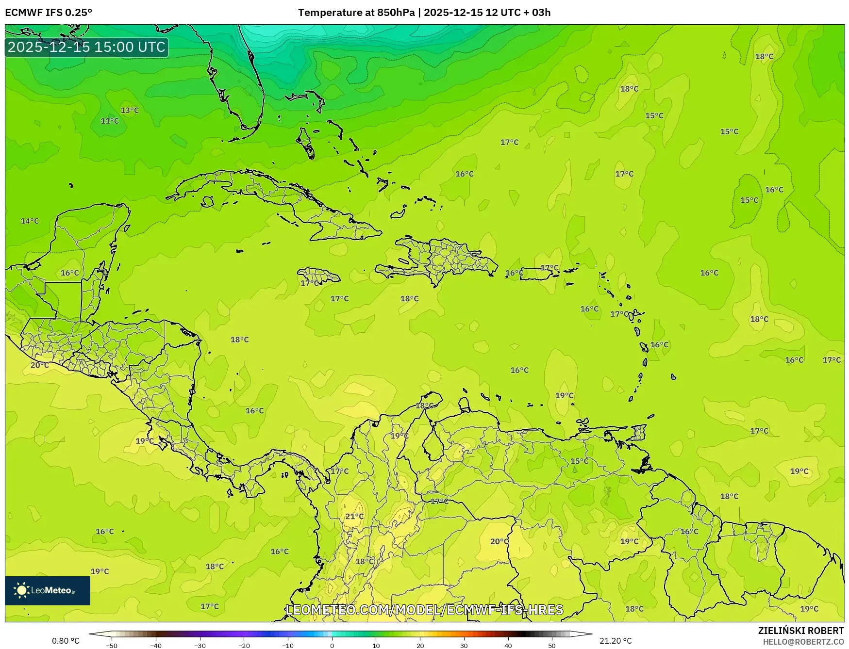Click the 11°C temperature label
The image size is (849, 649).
pyautogui.click(x=110, y=121)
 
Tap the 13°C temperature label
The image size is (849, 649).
pyautogui.click(x=130, y=110)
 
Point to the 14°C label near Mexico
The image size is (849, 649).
pyautogui.click(x=30, y=221)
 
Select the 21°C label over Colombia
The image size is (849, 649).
pyautogui.click(x=354, y=517)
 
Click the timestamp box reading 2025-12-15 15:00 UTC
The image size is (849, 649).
pyautogui.click(x=87, y=47)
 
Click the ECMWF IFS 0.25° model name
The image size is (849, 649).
pyautogui.click(x=49, y=12)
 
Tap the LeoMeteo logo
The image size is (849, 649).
pyautogui.click(x=48, y=590)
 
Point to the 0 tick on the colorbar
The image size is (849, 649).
pyautogui.click(x=332, y=645)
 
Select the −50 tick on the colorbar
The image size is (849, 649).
pyautogui.click(x=112, y=645)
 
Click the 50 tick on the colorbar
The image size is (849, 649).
pyautogui.click(x=552, y=645)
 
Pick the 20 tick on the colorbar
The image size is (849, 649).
pyautogui.click(x=420, y=645)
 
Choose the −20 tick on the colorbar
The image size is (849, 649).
pyautogui.click(x=244, y=645)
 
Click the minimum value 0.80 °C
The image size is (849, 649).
pyautogui.click(x=66, y=641)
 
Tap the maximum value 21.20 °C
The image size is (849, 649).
pyautogui.click(x=616, y=641)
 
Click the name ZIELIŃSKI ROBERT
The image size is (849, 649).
pyautogui.click(x=801, y=631)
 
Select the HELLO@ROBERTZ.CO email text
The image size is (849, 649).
pyautogui.click(x=803, y=642)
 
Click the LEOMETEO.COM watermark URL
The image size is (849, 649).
pyautogui.click(x=425, y=610)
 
